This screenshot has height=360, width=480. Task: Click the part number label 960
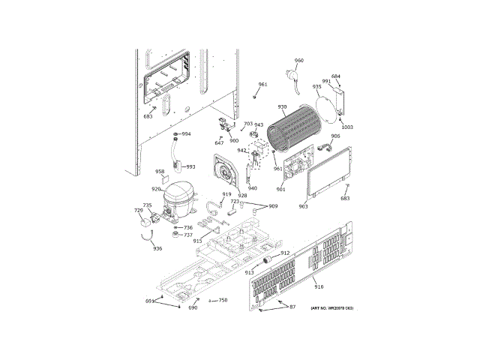click(298, 61)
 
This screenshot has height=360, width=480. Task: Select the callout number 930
click(282, 107)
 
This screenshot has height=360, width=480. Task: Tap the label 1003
click(346, 127)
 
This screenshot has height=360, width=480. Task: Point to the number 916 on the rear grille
click(319, 287)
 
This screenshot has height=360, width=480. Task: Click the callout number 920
click(156, 189)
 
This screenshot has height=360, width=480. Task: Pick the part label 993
click(190, 166)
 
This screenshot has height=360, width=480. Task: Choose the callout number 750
click(222, 300)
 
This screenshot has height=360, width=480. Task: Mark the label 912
click(285, 253)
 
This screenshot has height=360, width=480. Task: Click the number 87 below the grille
click(292, 307)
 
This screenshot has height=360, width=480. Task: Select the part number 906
click(335, 136)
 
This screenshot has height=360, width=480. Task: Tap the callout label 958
click(160, 172)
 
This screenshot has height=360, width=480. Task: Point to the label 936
click(157, 248)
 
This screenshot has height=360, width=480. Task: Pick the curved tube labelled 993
click(176, 154)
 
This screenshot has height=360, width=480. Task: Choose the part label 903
click(303, 205)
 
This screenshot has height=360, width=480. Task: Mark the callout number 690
click(193, 308)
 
